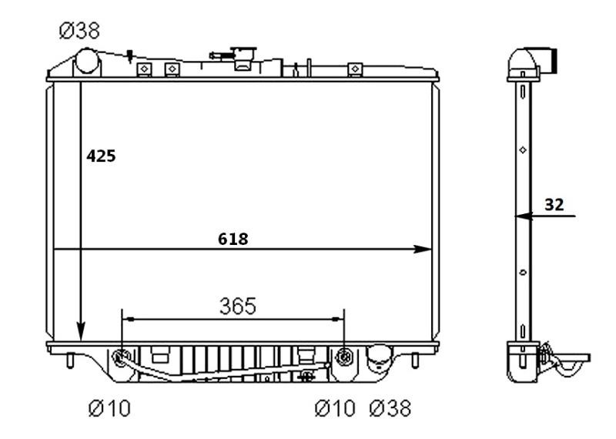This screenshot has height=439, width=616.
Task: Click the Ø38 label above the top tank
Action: click(79, 32)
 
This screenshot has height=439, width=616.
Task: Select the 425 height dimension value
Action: click(101, 156)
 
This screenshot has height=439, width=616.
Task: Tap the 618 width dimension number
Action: click(233, 239)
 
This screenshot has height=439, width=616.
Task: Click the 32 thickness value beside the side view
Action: click(554, 204)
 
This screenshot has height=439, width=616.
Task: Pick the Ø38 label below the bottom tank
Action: click(390, 407)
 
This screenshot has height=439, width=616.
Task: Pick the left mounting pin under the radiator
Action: click(71, 360)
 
